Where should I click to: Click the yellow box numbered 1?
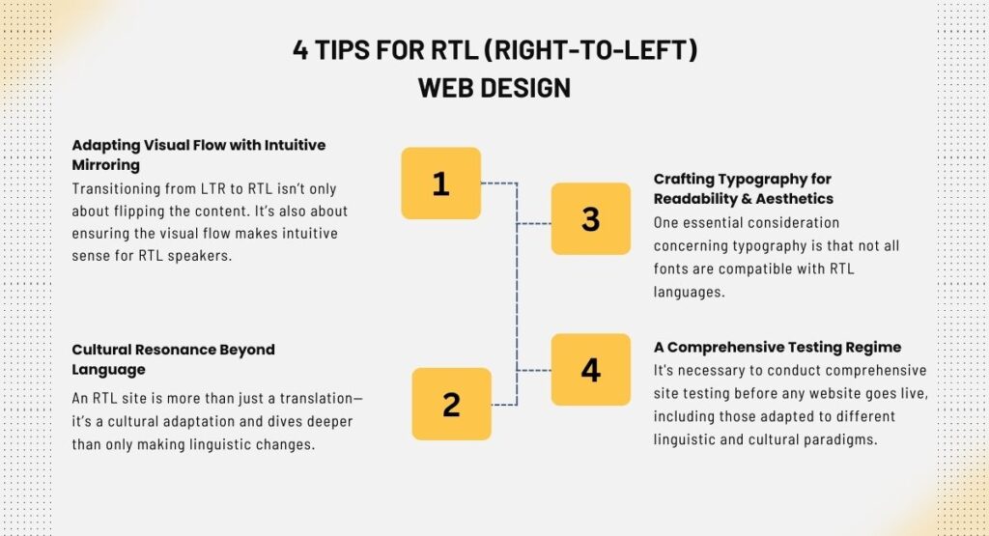click(440, 183)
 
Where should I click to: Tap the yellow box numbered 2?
click(452, 405)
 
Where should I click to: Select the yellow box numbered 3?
click(591, 219)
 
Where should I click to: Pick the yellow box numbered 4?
click(591, 370)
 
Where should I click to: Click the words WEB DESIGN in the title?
click(494, 88)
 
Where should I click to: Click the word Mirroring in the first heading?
click(106, 165)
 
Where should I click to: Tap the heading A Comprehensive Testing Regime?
click(777, 348)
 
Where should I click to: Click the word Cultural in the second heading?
click(100, 350)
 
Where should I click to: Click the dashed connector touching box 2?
click(504, 405)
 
